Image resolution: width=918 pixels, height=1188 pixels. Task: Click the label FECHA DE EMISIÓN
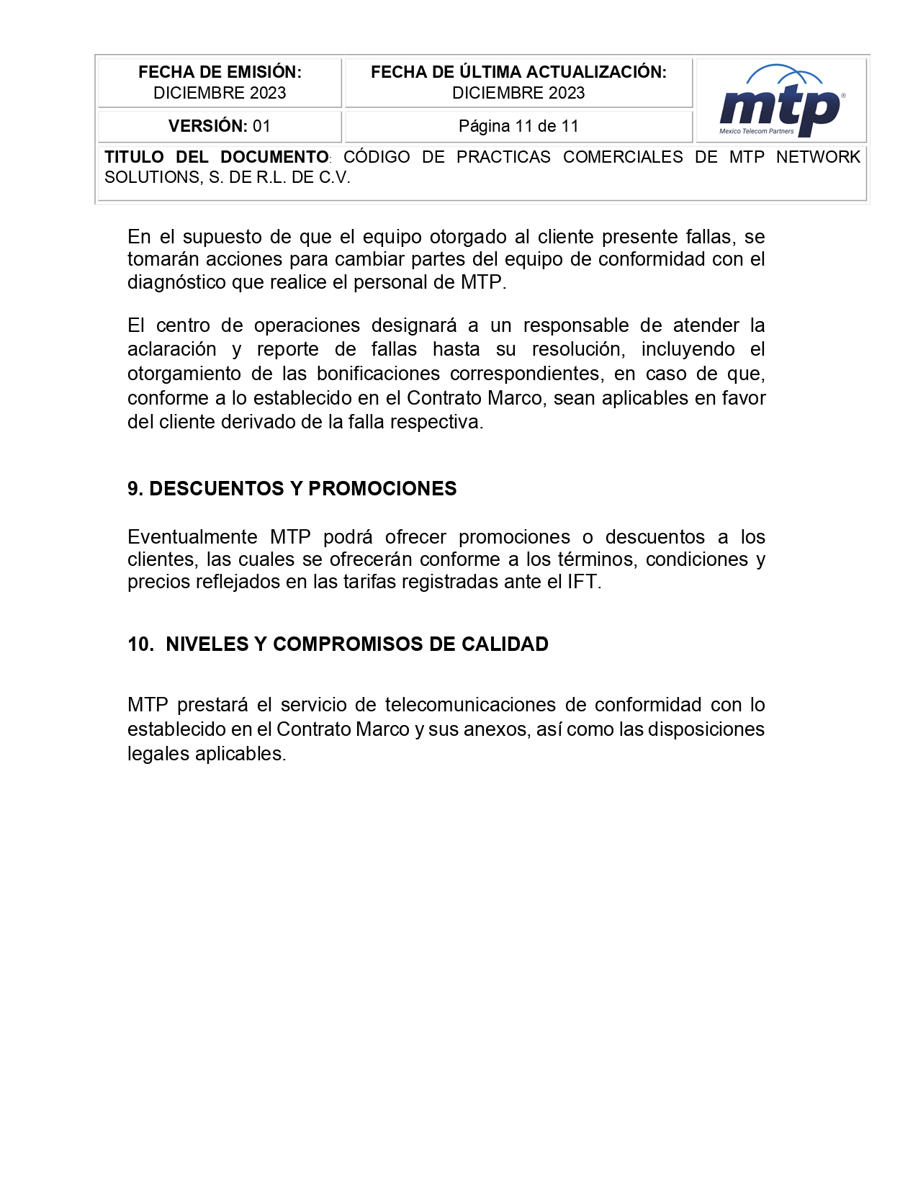point(220,72)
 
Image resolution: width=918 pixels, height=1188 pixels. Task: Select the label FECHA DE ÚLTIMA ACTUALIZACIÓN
point(518,72)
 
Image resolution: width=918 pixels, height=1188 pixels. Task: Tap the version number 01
point(261,126)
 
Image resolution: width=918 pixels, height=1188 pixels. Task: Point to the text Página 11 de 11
point(518,126)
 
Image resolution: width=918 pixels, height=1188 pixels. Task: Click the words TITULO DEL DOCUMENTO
point(216,157)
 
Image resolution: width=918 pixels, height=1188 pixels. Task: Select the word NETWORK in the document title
point(818,157)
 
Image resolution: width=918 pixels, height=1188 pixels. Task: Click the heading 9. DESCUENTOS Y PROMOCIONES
point(292,488)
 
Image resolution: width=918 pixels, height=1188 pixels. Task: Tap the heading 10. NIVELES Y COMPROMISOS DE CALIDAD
point(338,644)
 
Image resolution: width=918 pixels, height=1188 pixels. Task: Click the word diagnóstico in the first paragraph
point(176,282)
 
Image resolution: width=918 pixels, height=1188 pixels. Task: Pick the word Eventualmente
point(192,537)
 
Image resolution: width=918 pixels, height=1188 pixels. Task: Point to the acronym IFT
point(582,582)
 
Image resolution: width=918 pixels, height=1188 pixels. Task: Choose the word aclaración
point(171,349)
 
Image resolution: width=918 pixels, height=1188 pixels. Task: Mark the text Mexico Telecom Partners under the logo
point(756,131)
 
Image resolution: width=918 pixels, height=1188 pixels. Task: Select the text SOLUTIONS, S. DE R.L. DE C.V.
point(227,178)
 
